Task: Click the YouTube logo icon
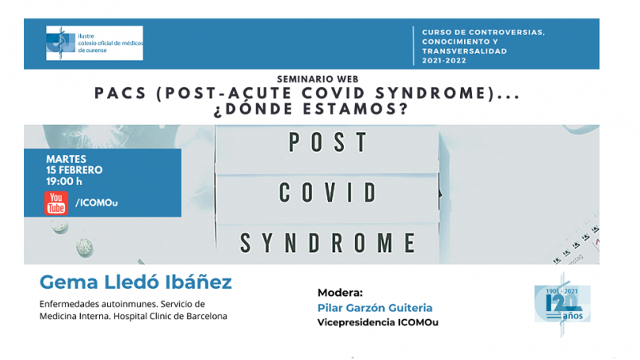(x=56, y=203)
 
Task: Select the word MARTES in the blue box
(x=66, y=159)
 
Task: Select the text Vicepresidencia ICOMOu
(x=376, y=322)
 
